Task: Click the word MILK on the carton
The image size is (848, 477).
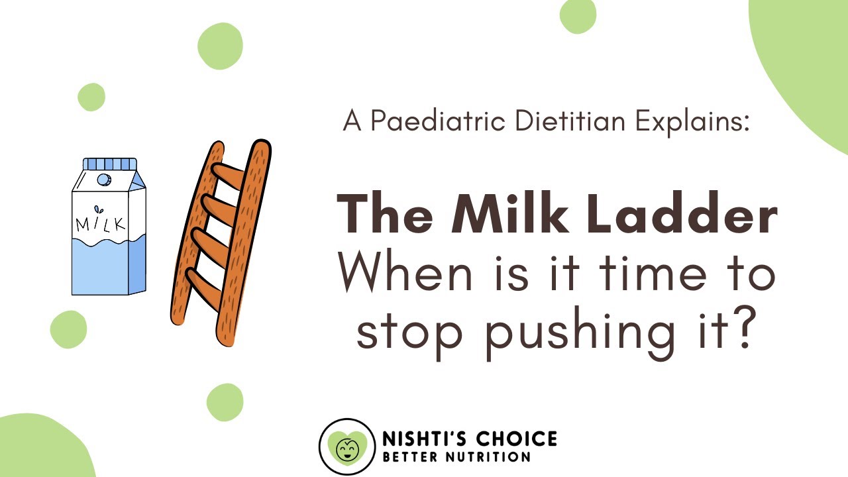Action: pyautogui.click(x=100, y=223)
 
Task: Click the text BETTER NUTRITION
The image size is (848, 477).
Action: pyautogui.click(x=456, y=457)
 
